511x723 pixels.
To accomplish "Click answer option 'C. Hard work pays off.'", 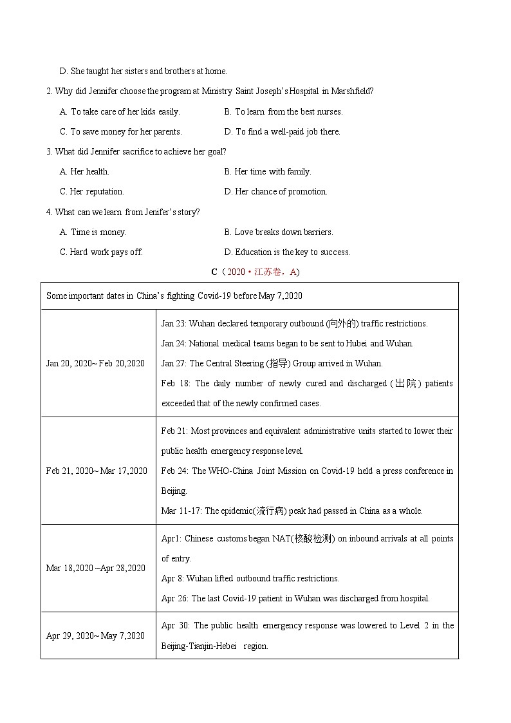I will (101, 252).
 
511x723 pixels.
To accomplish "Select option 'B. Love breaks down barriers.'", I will (278, 232).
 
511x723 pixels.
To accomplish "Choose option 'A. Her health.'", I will (84, 171).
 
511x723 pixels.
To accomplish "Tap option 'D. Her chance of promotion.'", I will (275, 191).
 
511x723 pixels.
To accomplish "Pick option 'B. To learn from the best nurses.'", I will (283, 111).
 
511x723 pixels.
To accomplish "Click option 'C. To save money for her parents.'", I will (121, 131).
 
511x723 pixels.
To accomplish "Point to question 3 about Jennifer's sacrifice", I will (136, 151).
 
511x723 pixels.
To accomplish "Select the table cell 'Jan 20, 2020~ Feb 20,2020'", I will (95, 363).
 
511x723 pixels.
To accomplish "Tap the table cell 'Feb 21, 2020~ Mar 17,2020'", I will (97, 471).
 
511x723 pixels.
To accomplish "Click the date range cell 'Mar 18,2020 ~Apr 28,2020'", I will (96, 568).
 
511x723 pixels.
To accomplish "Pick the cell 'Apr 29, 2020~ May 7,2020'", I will (95, 635).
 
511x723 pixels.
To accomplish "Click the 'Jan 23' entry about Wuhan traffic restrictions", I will (294, 323).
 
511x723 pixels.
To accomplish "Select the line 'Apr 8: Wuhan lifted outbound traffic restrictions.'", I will (250, 578).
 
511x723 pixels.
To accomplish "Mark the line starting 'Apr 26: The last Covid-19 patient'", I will (295, 598).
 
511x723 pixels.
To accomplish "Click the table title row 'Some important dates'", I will (174, 296).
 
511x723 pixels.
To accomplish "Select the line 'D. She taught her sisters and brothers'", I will (143, 71).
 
